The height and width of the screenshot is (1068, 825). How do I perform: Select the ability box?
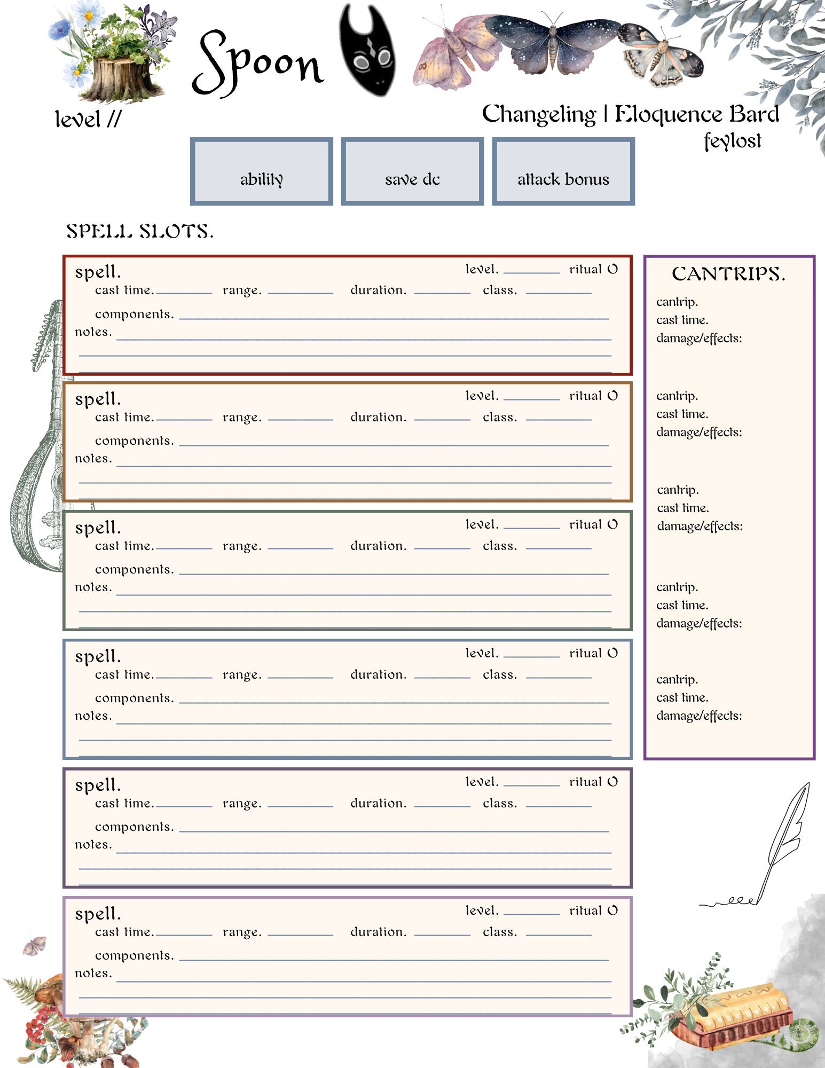tap(262, 171)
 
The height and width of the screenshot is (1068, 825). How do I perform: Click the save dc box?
tap(412, 171)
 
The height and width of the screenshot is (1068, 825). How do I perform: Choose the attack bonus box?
tap(563, 171)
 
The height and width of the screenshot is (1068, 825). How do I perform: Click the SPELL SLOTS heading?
tap(140, 231)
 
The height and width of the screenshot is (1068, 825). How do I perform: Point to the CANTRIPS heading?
tap(728, 274)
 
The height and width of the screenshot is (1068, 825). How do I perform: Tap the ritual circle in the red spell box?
tap(612, 269)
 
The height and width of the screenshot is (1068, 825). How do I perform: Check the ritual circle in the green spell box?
tap(612, 524)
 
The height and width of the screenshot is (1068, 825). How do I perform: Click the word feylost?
tap(732, 141)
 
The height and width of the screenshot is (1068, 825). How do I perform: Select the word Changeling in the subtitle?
tap(538, 114)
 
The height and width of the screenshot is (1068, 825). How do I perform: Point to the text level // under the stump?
tap(88, 119)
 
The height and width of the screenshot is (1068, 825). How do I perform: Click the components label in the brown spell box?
tap(135, 441)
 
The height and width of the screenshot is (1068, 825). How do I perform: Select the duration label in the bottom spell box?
tap(378, 932)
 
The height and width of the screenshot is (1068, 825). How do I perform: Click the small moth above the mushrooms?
tap(35, 945)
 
